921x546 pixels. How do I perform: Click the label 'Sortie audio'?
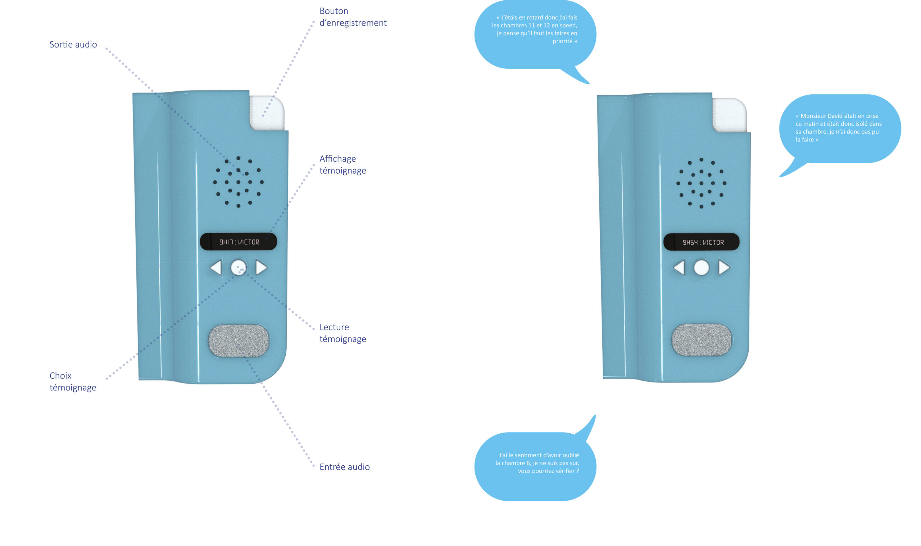coord(73,45)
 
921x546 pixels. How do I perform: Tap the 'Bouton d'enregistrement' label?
coord(353,17)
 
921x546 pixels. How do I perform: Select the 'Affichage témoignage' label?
coord(342,165)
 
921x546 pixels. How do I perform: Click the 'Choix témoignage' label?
coord(73,381)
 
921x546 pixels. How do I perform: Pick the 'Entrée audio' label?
coord(344,466)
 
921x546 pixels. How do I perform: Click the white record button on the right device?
coord(730,115)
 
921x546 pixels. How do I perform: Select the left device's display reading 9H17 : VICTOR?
coord(239,242)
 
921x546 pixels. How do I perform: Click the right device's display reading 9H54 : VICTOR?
coord(701,242)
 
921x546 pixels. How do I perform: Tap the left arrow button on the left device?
coord(216,268)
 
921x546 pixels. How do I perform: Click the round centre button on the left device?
coord(239,268)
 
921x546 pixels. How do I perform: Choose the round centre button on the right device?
coord(701,268)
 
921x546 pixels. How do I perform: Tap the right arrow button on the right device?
coord(723,268)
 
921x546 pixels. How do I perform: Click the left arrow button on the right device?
coord(679,268)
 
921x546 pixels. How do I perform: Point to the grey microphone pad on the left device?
coord(239,340)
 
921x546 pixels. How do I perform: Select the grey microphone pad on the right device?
coord(702,340)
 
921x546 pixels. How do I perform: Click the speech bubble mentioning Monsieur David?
coord(840,129)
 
